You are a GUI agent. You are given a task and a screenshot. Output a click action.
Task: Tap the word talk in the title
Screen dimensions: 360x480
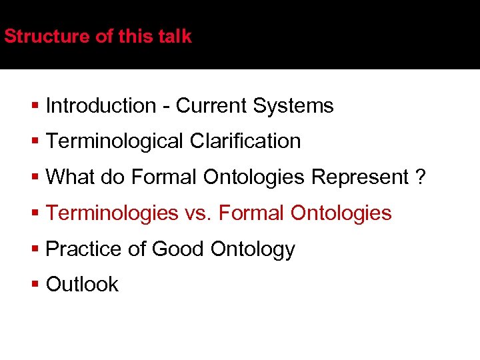click(175, 36)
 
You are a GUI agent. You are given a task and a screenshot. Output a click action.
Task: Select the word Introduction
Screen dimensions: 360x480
click(101, 105)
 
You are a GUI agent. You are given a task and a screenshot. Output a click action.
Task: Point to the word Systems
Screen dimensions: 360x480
click(293, 105)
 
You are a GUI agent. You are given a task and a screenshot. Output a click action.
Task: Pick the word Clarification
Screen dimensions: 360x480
click(245, 141)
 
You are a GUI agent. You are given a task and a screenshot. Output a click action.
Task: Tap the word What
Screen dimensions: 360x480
click(71, 177)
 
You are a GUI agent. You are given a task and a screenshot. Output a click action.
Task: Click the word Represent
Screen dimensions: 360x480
click(360, 177)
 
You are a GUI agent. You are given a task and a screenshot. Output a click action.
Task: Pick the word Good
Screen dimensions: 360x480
click(179, 249)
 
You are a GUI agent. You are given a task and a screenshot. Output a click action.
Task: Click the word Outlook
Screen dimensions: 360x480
click(82, 285)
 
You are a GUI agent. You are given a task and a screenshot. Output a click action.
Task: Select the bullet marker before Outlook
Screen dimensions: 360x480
click(35, 285)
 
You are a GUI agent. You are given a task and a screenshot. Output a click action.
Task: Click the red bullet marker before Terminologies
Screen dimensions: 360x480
click(35, 213)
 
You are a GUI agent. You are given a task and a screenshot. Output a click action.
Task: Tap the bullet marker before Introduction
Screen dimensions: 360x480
click(35, 105)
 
